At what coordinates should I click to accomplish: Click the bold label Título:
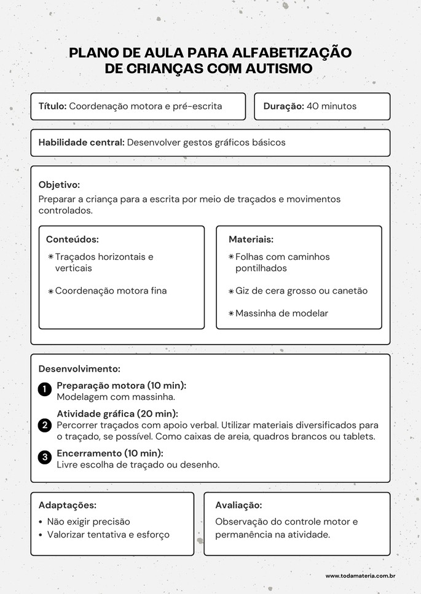tap(52, 106)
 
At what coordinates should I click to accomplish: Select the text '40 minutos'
tap(331, 106)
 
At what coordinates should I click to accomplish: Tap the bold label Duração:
tap(283, 106)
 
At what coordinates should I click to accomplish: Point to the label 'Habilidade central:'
tap(81, 143)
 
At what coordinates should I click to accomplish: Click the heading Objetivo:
tap(59, 184)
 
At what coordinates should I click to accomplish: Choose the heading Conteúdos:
tap(73, 240)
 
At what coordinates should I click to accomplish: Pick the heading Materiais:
tap(251, 240)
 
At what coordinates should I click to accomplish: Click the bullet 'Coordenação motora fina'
tap(111, 291)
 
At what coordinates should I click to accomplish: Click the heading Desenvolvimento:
tap(79, 369)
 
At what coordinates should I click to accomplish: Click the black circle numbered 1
tap(44, 389)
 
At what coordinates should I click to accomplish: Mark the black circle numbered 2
tap(44, 425)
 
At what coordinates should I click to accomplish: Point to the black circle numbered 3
tap(44, 457)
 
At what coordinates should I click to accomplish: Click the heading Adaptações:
tap(67, 506)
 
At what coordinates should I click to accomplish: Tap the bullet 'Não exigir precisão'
tap(89, 522)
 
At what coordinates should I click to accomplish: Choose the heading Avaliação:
tap(238, 506)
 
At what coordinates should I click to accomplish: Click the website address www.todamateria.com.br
tap(360, 576)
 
